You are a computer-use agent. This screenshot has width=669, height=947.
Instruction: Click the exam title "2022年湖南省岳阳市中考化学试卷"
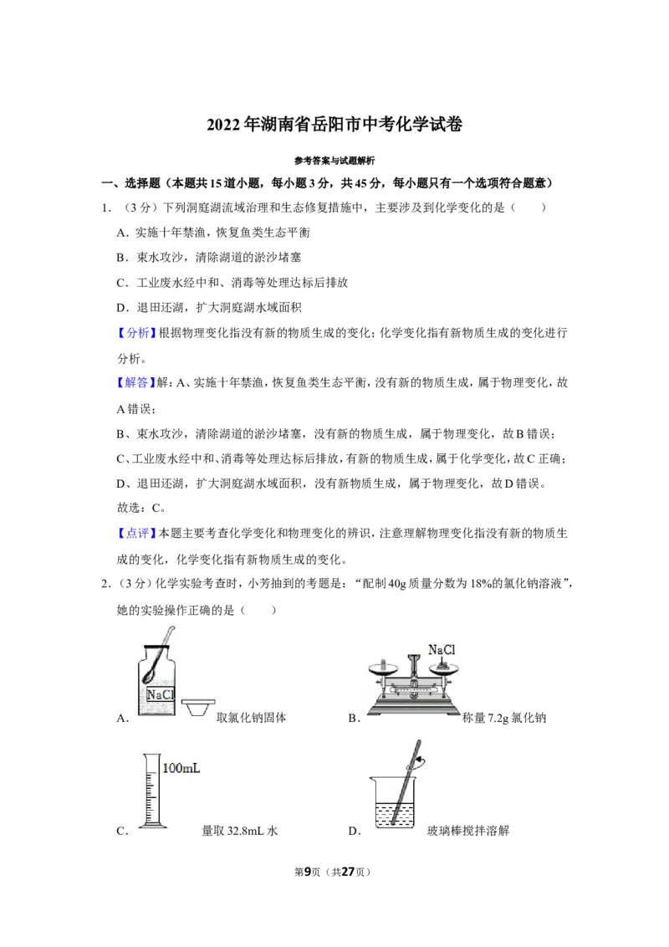pyautogui.click(x=334, y=125)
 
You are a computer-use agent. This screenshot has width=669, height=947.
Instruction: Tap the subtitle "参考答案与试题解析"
pyautogui.click(x=334, y=161)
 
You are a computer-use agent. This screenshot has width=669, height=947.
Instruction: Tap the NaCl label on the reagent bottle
pyautogui.click(x=160, y=694)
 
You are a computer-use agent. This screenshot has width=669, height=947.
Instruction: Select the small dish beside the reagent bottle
pyautogui.click(x=197, y=707)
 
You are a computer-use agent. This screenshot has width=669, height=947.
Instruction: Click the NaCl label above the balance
pyautogui.click(x=442, y=650)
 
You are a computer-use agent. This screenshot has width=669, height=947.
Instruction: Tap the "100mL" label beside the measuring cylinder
pyautogui.click(x=181, y=768)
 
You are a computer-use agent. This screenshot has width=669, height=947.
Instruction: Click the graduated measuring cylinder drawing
pyautogui.click(x=151, y=791)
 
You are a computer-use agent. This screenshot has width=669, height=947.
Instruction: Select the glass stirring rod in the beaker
pyautogui.click(x=406, y=783)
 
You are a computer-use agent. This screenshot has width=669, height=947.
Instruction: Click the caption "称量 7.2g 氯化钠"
pyautogui.click(x=504, y=718)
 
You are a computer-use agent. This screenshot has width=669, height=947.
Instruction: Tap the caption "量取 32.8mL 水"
pyautogui.click(x=240, y=831)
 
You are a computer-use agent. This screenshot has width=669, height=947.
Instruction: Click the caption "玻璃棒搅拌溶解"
pyautogui.click(x=468, y=831)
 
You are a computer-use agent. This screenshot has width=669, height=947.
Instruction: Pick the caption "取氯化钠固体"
pyautogui.click(x=251, y=718)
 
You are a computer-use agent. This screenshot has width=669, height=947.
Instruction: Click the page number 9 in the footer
pyautogui.click(x=308, y=872)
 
